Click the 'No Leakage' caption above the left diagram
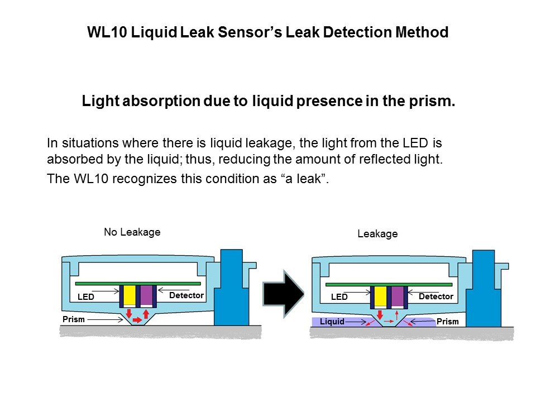click(132, 232)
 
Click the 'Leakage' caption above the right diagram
click(377, 234)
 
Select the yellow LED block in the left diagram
click(130, 296)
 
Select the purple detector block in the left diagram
click(146, 296)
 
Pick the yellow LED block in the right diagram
click(381, 296)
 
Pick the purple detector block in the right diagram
click(398, 296)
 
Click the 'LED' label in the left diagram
click(86, 297)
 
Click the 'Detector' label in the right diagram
click(436, 296)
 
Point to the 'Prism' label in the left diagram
click(74, 319)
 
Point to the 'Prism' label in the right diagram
click(447, 322)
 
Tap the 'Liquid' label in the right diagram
click(332, 322)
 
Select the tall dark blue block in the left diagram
click(232, 288)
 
